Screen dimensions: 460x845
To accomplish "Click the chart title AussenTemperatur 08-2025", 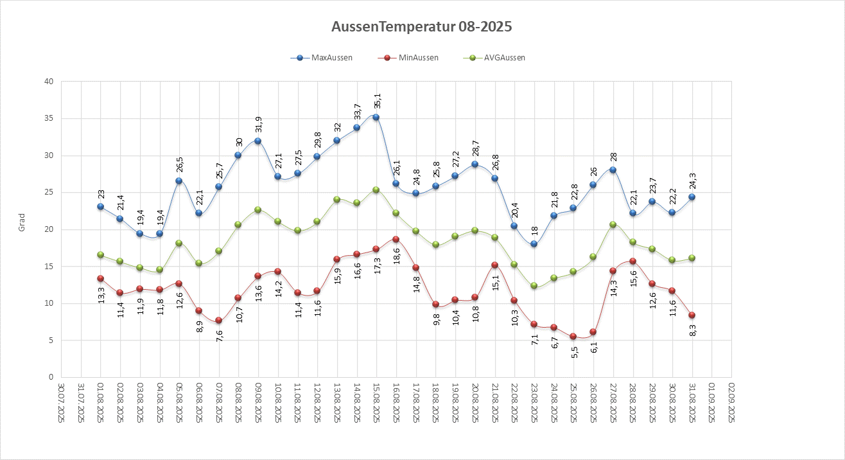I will [422, 27].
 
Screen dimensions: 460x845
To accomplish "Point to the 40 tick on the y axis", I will [48, 82].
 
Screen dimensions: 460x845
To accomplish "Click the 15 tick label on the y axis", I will [48, 267].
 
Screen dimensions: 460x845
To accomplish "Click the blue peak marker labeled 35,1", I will [376, 118].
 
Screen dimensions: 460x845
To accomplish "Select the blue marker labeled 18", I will [534, 244].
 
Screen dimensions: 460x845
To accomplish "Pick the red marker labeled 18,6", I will [396, 239].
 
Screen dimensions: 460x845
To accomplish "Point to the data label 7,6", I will [219, 336].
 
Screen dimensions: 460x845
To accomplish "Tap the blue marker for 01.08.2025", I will [100, 207].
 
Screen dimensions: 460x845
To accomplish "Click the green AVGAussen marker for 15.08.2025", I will [376, 190].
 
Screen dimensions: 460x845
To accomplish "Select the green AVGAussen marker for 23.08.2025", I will [534, 285].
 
